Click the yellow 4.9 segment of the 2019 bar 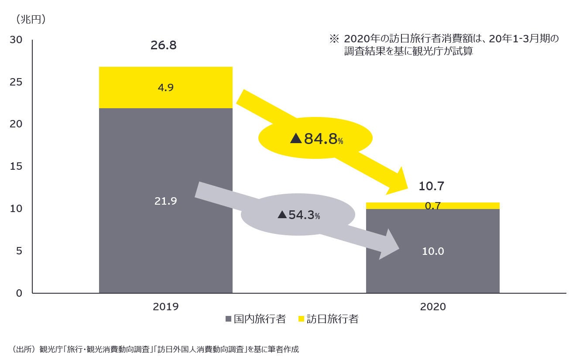(165, 87)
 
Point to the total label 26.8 (163, 45)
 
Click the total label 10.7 (431, 186)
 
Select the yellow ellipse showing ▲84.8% (315, 139)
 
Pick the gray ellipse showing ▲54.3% (298, 215)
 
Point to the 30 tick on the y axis (16, 40)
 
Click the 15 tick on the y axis (16, 166)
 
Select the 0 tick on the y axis (19, 293)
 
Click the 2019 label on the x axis (165, 307)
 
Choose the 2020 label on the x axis (432, 307)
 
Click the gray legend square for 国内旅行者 (228, 319)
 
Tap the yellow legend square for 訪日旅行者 (301, 319)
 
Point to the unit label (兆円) (31, 19)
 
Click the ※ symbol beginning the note (334, 39)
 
